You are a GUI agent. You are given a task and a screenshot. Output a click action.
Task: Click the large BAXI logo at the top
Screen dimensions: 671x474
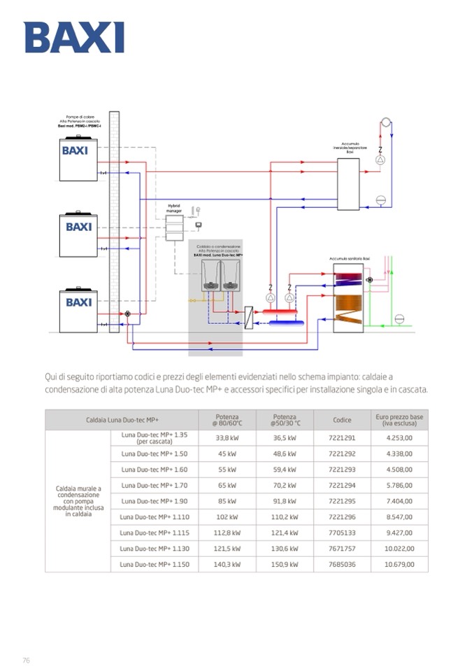point(74,38)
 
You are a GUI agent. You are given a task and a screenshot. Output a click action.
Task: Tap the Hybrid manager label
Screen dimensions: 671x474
point(174,208)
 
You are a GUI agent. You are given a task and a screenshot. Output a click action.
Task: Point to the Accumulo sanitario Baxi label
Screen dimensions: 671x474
point(350,259)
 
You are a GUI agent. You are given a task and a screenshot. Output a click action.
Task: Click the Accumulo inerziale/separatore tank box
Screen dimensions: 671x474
point(347,183)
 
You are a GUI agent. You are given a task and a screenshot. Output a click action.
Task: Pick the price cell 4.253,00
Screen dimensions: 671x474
point(398,438)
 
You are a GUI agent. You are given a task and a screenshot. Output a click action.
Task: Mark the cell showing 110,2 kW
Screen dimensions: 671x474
point(285,517)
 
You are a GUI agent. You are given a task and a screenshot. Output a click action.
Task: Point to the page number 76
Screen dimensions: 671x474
point(26,660)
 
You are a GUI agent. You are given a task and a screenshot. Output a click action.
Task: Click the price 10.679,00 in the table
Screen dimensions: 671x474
point(398,564)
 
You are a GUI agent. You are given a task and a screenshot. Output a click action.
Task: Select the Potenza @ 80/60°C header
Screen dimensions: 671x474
point(227,420)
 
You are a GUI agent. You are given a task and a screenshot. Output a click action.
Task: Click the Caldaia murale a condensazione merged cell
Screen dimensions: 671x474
point(78,501)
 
